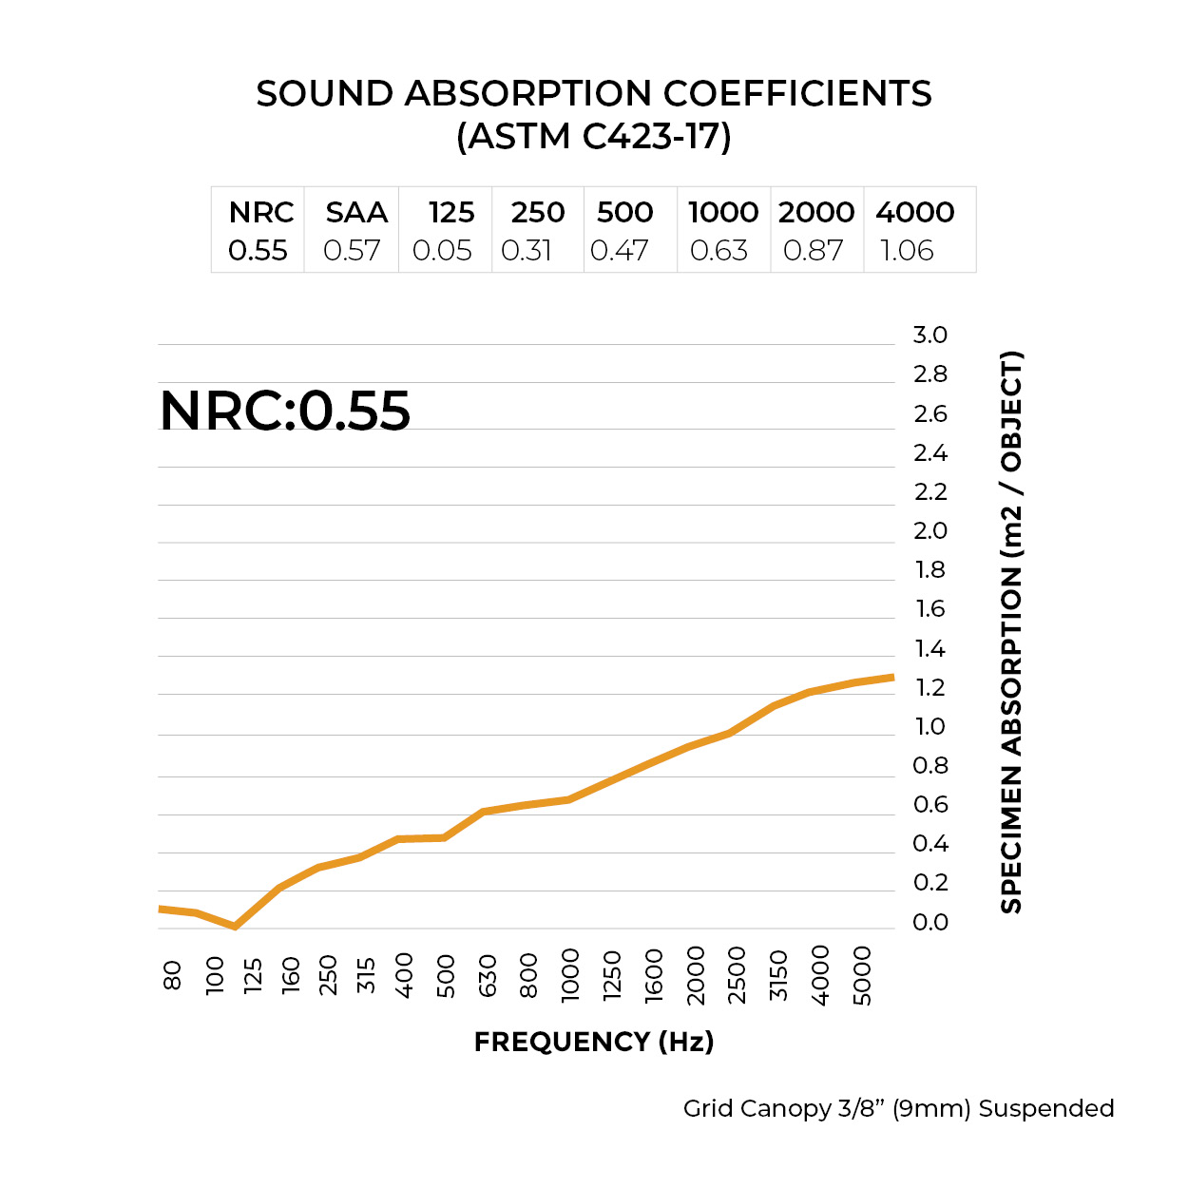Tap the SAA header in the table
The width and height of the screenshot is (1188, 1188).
356,212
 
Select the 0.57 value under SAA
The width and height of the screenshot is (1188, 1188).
352,251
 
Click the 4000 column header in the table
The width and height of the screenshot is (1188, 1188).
914,212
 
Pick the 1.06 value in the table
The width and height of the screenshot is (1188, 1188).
907,251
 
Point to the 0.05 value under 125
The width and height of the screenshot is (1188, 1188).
442,251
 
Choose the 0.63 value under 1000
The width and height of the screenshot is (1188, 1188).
719,251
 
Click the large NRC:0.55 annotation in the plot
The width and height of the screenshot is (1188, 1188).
285,411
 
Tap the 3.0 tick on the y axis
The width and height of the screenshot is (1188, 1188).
929,335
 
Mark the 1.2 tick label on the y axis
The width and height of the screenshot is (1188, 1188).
929,687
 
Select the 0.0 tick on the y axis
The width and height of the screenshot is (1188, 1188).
929,922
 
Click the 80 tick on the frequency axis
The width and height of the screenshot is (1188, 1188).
172,975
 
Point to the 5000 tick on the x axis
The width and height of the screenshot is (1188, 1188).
862,975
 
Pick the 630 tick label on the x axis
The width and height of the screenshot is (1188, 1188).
488,975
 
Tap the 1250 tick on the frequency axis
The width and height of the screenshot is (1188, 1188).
612,975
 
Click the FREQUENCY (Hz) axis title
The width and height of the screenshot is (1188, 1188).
594,1042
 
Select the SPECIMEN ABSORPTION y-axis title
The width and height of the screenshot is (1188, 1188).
1011,632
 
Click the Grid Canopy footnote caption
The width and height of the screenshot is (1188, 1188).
898,1108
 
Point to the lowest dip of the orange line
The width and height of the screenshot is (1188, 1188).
235,926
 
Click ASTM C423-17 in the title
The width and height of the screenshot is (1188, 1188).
594,137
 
